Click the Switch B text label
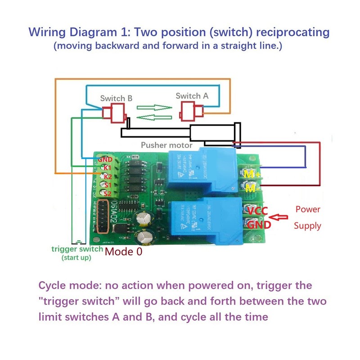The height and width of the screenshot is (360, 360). [117, 98]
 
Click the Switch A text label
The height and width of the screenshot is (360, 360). [192, 95]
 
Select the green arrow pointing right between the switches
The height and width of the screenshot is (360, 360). [155, 108]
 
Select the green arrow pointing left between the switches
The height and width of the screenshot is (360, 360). [154, 117]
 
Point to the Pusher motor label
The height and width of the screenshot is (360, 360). [166, 145]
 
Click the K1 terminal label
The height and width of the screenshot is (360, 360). [107, 168]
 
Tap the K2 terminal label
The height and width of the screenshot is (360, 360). [107, 176]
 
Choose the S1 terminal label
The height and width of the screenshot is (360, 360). [107, 184]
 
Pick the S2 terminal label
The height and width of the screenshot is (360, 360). [107, 193]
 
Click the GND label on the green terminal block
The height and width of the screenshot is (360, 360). [105, 159]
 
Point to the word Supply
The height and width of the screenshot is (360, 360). [307, 225]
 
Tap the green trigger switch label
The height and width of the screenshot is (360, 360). [77, 249]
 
